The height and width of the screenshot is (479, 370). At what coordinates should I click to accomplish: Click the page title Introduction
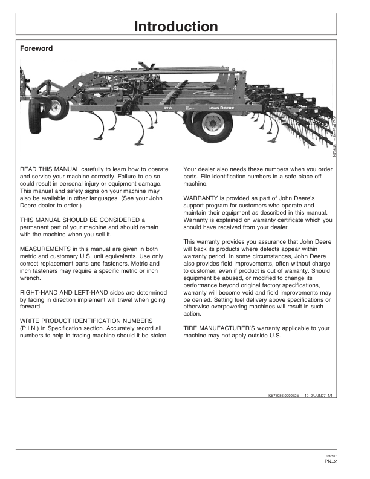click(176, 27)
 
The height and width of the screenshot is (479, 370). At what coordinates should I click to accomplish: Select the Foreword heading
click(36, 48)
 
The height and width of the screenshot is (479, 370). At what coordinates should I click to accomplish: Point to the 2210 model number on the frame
click(169, 108)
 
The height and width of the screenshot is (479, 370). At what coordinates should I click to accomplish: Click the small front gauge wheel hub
click(56, 109)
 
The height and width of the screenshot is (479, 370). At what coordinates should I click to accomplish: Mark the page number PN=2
click(330, 461)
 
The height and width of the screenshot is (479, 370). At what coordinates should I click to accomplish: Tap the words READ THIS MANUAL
click(46, 166)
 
